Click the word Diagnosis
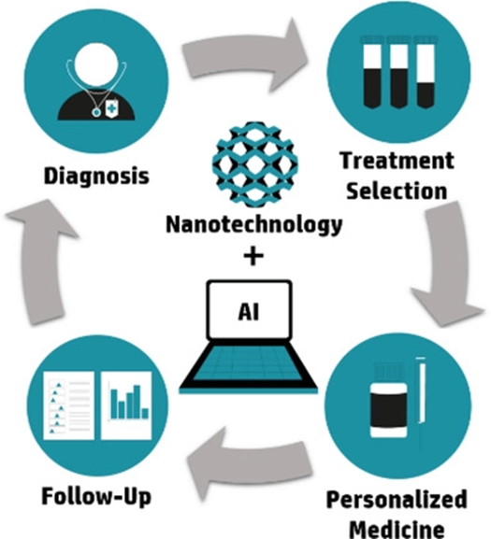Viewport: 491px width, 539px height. coord(96,176)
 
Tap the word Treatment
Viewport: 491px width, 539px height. coord(397,161)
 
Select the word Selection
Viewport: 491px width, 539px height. coord(397,191)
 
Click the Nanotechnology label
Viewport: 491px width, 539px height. coord(254,225)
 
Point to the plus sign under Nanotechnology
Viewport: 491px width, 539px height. coord(253,255)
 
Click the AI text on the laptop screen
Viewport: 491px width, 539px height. coord(249,312)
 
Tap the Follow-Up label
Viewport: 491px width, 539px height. coord(96,497)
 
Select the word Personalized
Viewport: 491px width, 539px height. coord(397,500)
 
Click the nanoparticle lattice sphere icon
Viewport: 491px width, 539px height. coord(254,164)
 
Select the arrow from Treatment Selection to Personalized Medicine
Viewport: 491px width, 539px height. coord(447,264)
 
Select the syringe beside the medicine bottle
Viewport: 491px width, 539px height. coord(421,403)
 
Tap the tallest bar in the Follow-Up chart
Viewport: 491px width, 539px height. coord(137,402)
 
